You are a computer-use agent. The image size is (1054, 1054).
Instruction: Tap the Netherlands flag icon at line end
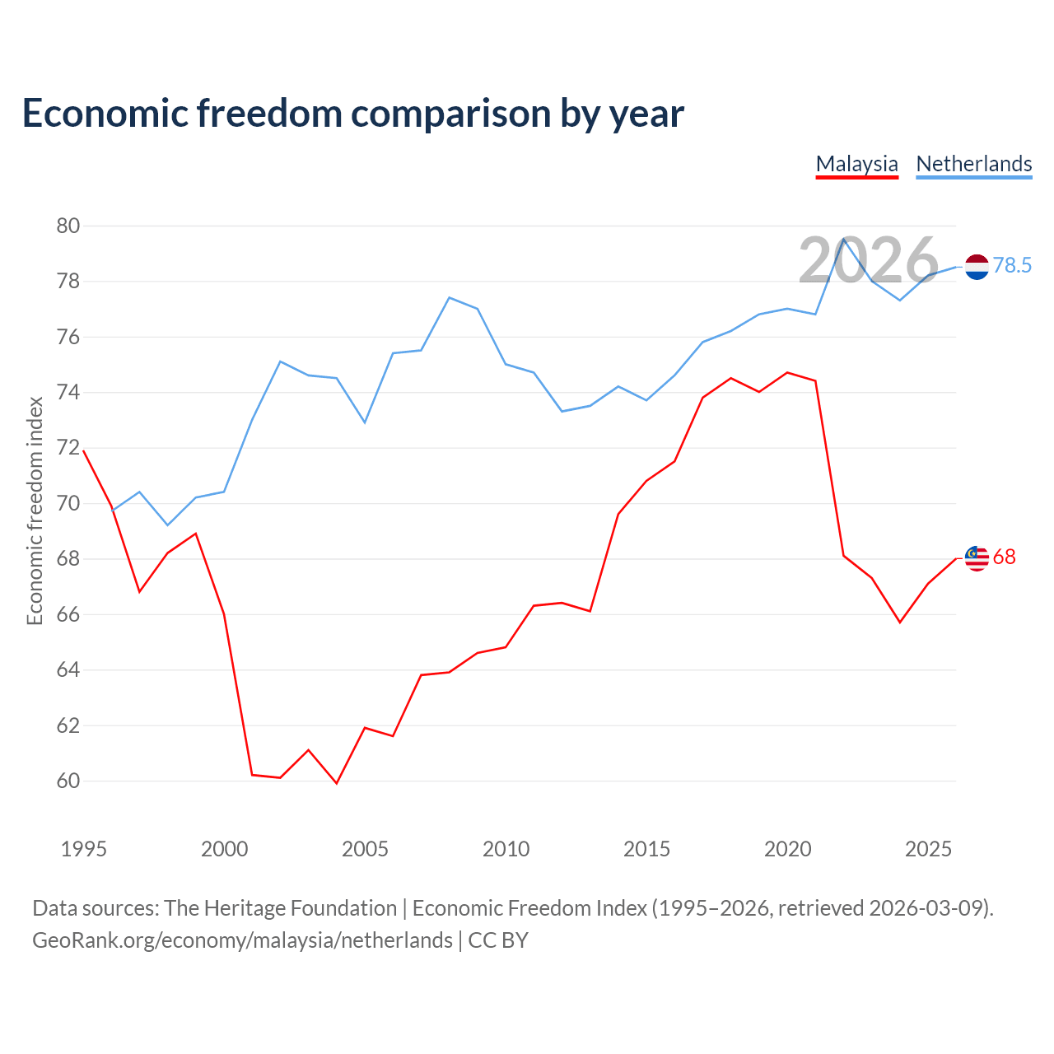(x=977, y=267)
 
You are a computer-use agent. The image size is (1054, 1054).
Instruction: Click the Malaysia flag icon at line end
(x=977, y=558)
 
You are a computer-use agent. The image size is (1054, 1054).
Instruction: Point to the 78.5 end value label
(x=1012, y=265)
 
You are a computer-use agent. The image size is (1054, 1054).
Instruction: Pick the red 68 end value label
(x=1005, y=557)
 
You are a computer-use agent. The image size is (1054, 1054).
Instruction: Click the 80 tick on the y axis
(x=68, y=226)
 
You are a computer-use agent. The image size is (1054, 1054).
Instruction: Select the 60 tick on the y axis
(x=68, y=781)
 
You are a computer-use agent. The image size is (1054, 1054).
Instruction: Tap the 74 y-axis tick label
(x=68, y=392)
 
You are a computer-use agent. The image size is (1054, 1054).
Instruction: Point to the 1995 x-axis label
(x=84, y=849)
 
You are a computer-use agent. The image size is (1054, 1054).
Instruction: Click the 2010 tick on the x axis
(x=506, y=849)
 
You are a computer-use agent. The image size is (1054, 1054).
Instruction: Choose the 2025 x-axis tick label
(x=928, y=849)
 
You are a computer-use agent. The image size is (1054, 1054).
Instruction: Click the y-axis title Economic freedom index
(x=35, y=511)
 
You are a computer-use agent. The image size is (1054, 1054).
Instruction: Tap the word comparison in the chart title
(x=450, y=114)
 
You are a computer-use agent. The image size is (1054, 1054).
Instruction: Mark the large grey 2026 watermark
(x=869, y=260)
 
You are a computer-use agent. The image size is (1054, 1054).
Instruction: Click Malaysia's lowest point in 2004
(x=337, y=783)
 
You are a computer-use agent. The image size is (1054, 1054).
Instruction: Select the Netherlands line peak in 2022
(x=844, y=239)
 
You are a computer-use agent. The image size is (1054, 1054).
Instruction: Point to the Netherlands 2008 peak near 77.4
(x=449, y=297)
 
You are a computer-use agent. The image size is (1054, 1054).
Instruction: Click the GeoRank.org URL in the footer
(x=242, y=940)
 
